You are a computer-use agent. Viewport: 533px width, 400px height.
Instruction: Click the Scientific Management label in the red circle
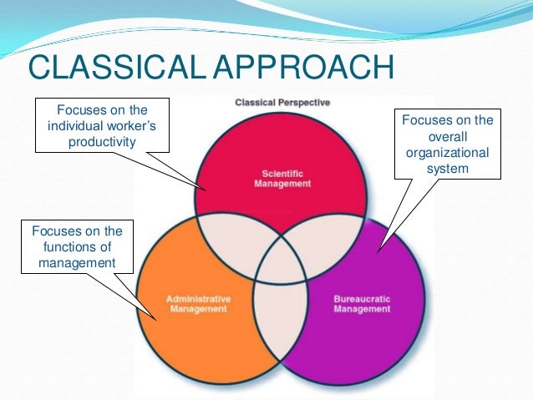tap(282, 180)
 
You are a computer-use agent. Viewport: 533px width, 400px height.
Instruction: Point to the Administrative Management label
tap(198, 303)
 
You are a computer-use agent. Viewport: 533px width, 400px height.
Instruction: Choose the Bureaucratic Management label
tap(362, 303)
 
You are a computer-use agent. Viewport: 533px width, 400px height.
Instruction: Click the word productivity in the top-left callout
tap(101, 141)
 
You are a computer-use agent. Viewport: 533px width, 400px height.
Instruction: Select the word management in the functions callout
tap(75, 264)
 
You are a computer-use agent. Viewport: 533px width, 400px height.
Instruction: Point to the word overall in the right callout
tap(448, 137)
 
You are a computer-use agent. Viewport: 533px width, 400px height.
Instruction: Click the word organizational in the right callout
tap(448, 153)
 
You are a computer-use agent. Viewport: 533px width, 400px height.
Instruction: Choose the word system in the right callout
tap(448, 169)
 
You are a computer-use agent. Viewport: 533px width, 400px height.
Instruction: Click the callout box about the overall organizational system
tap(448, 144)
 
